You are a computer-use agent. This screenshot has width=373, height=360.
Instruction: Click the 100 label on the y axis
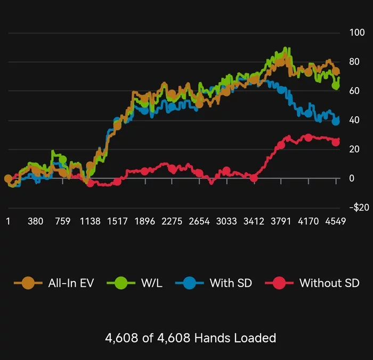pyautogui.click(x=342, y=33)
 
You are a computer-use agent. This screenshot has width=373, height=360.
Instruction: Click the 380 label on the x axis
pyautogui.click(x=35, y=221)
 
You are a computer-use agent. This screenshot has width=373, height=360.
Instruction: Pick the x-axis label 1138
pyautogui.click(x=90, y=221)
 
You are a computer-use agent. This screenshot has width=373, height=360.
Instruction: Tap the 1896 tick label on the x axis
pyautogui.click(x=144, y=221)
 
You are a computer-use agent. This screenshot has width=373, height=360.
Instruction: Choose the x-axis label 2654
pyautogui.click(x=199, y=221)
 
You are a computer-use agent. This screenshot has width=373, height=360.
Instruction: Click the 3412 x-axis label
pyautogui.click(x=254, y=221)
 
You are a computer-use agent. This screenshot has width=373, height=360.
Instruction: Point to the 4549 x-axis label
pyautogui.click(x=335, y=221)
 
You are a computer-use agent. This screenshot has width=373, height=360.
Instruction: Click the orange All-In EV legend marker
pyautogui.click(x=28, y=283)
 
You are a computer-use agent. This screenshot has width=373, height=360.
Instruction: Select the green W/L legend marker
pyautogui.click(x=121, y=283)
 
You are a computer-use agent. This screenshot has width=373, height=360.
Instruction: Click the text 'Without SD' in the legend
pyautogui.click(x=329, y=283)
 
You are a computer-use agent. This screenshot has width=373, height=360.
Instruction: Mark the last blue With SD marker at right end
pyautogui.click(x=336, y=122)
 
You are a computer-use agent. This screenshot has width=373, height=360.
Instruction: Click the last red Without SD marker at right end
pyautogui.click(x=336, y=142)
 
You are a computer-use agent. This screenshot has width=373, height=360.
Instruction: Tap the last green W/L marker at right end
pyautogui.click(x=336, y=85)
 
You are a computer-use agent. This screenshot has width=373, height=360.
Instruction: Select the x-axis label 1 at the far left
pyautogui.click(x=7, y=221)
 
